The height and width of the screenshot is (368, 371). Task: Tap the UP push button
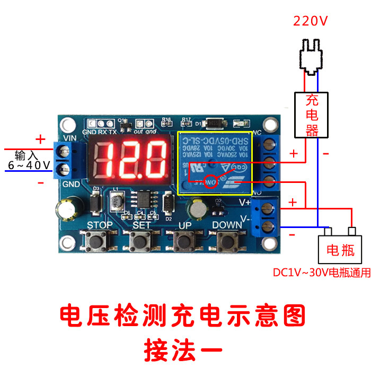click(184, 241)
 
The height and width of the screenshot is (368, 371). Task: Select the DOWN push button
click(227, 242)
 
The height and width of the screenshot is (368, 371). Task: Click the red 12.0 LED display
click(130, 159)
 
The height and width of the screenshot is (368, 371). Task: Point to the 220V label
click(311, 21)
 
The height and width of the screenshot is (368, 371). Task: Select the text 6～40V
click(29, 166)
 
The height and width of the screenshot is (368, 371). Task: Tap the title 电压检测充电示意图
click(182, 316)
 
